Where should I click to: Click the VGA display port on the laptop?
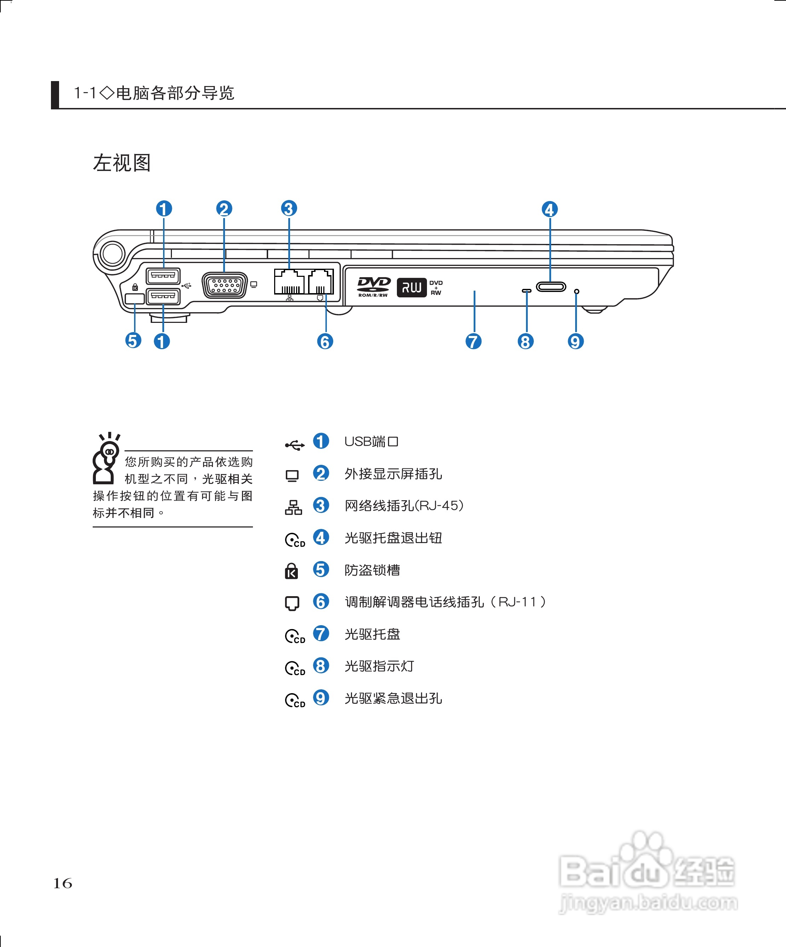point(225,285)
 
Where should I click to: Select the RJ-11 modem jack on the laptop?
point(320,282)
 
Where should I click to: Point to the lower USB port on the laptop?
point(163,296)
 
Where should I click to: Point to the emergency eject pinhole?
point(577,292)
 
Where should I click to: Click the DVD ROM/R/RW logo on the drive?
point(373,287)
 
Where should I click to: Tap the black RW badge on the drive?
point(411,287)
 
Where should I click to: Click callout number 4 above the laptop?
point(549,209)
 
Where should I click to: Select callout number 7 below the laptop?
point(473,341)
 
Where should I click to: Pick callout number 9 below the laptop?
point(576,341)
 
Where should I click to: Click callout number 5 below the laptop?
point(133,341)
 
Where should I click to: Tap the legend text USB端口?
point(371,441)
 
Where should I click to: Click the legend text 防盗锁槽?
point(372,570)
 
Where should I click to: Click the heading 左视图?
point(122,163)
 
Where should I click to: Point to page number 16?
point(63,883)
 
